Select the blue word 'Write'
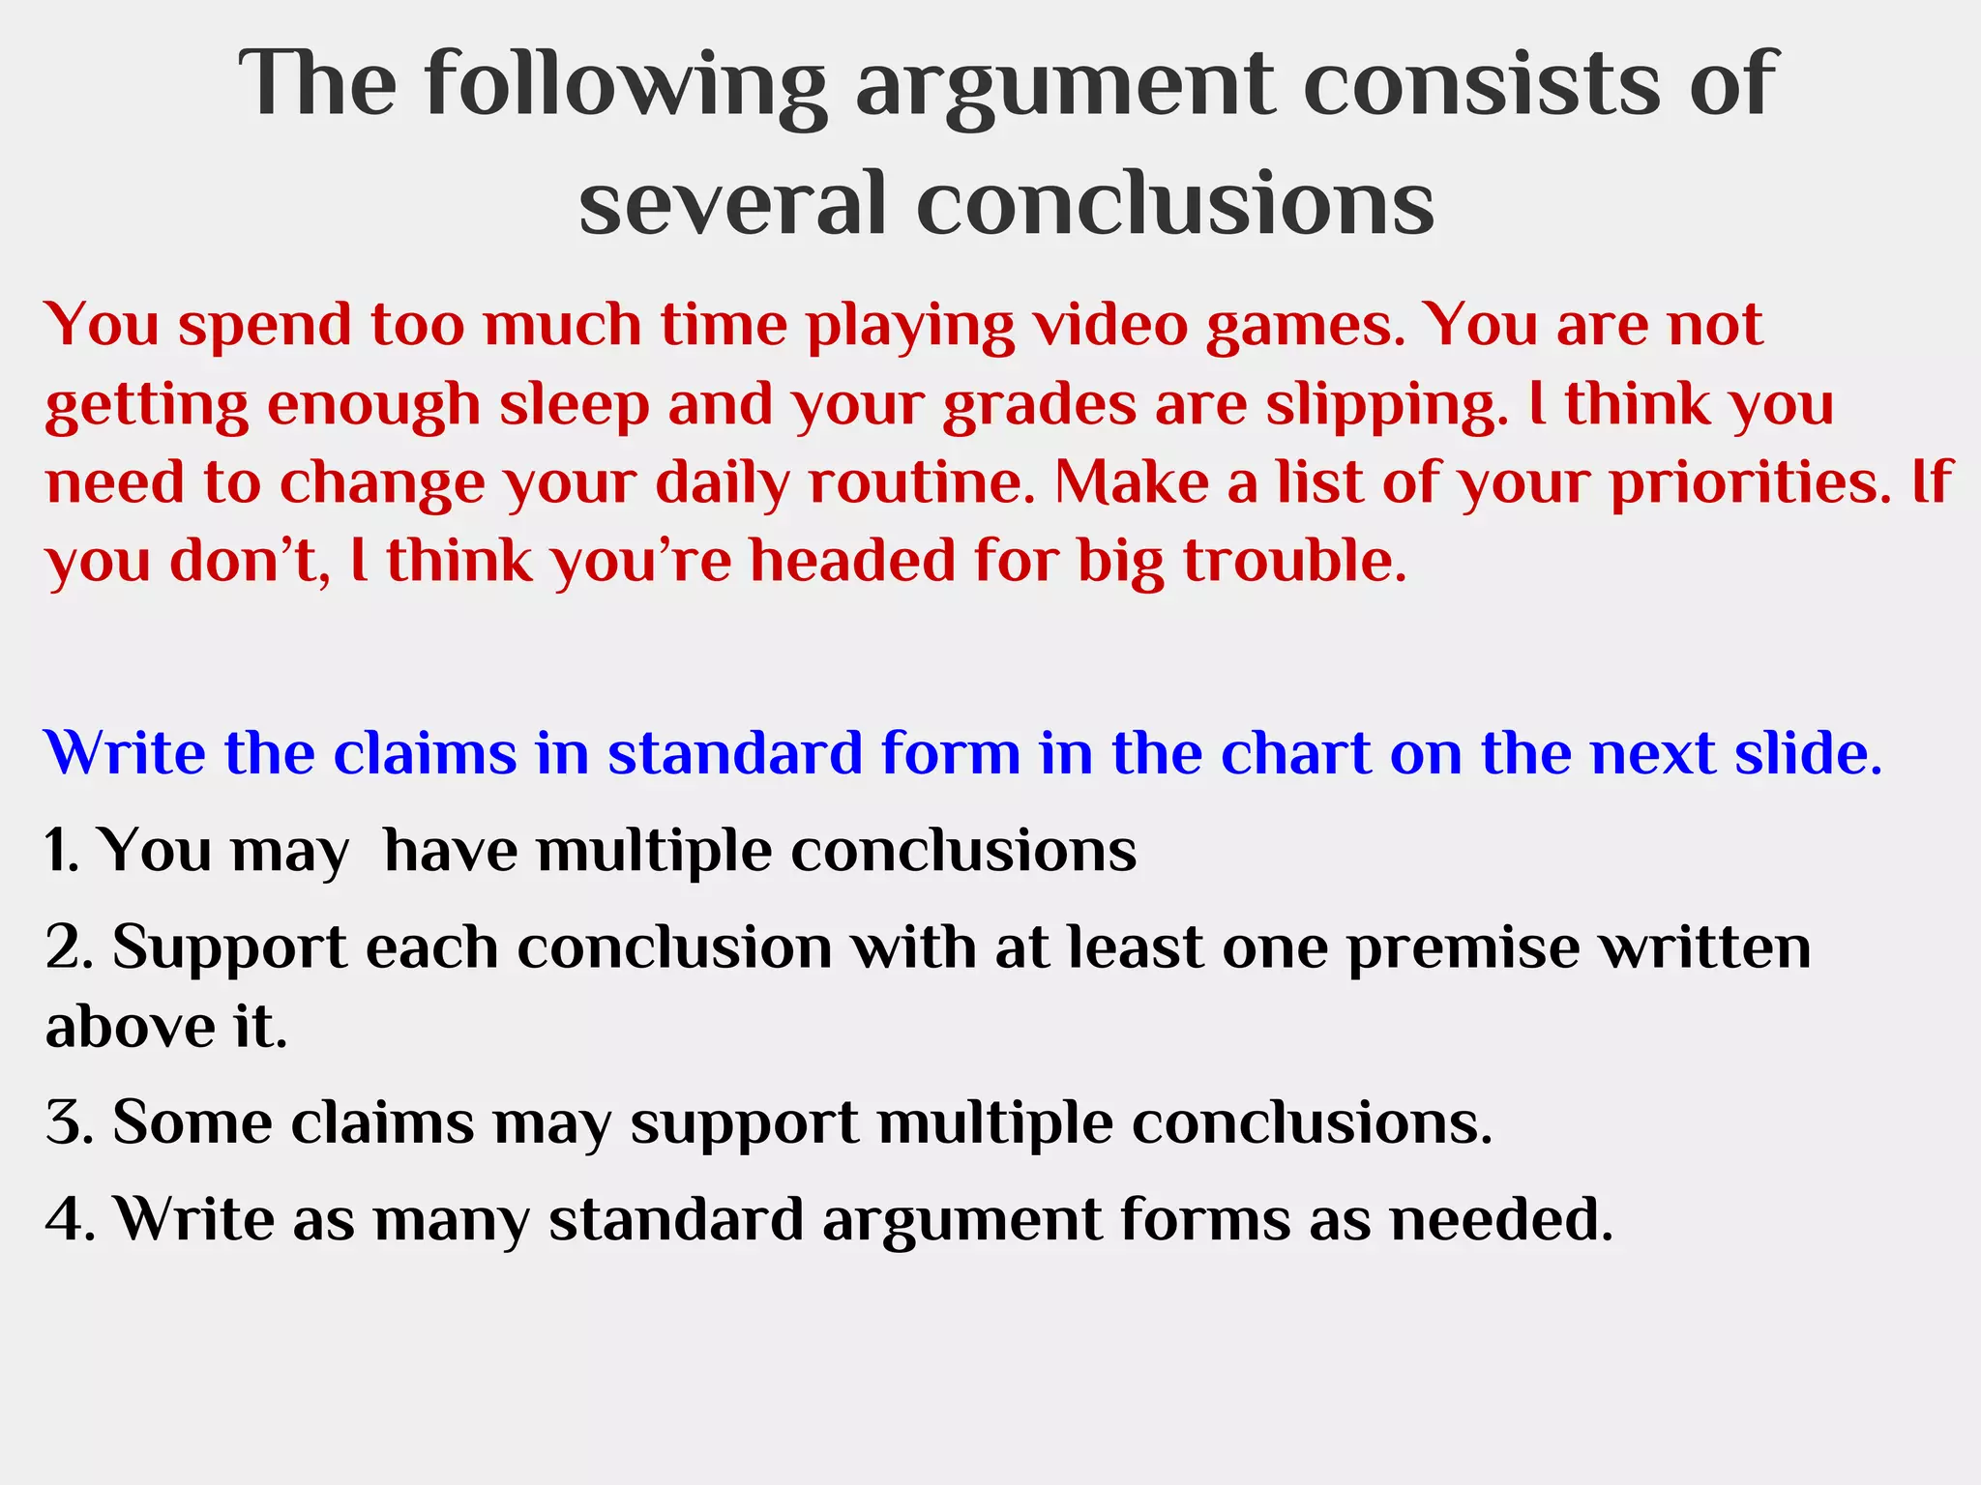pos(125,753)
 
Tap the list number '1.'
pos(63,851)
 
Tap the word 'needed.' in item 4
pos(1501,1219)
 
